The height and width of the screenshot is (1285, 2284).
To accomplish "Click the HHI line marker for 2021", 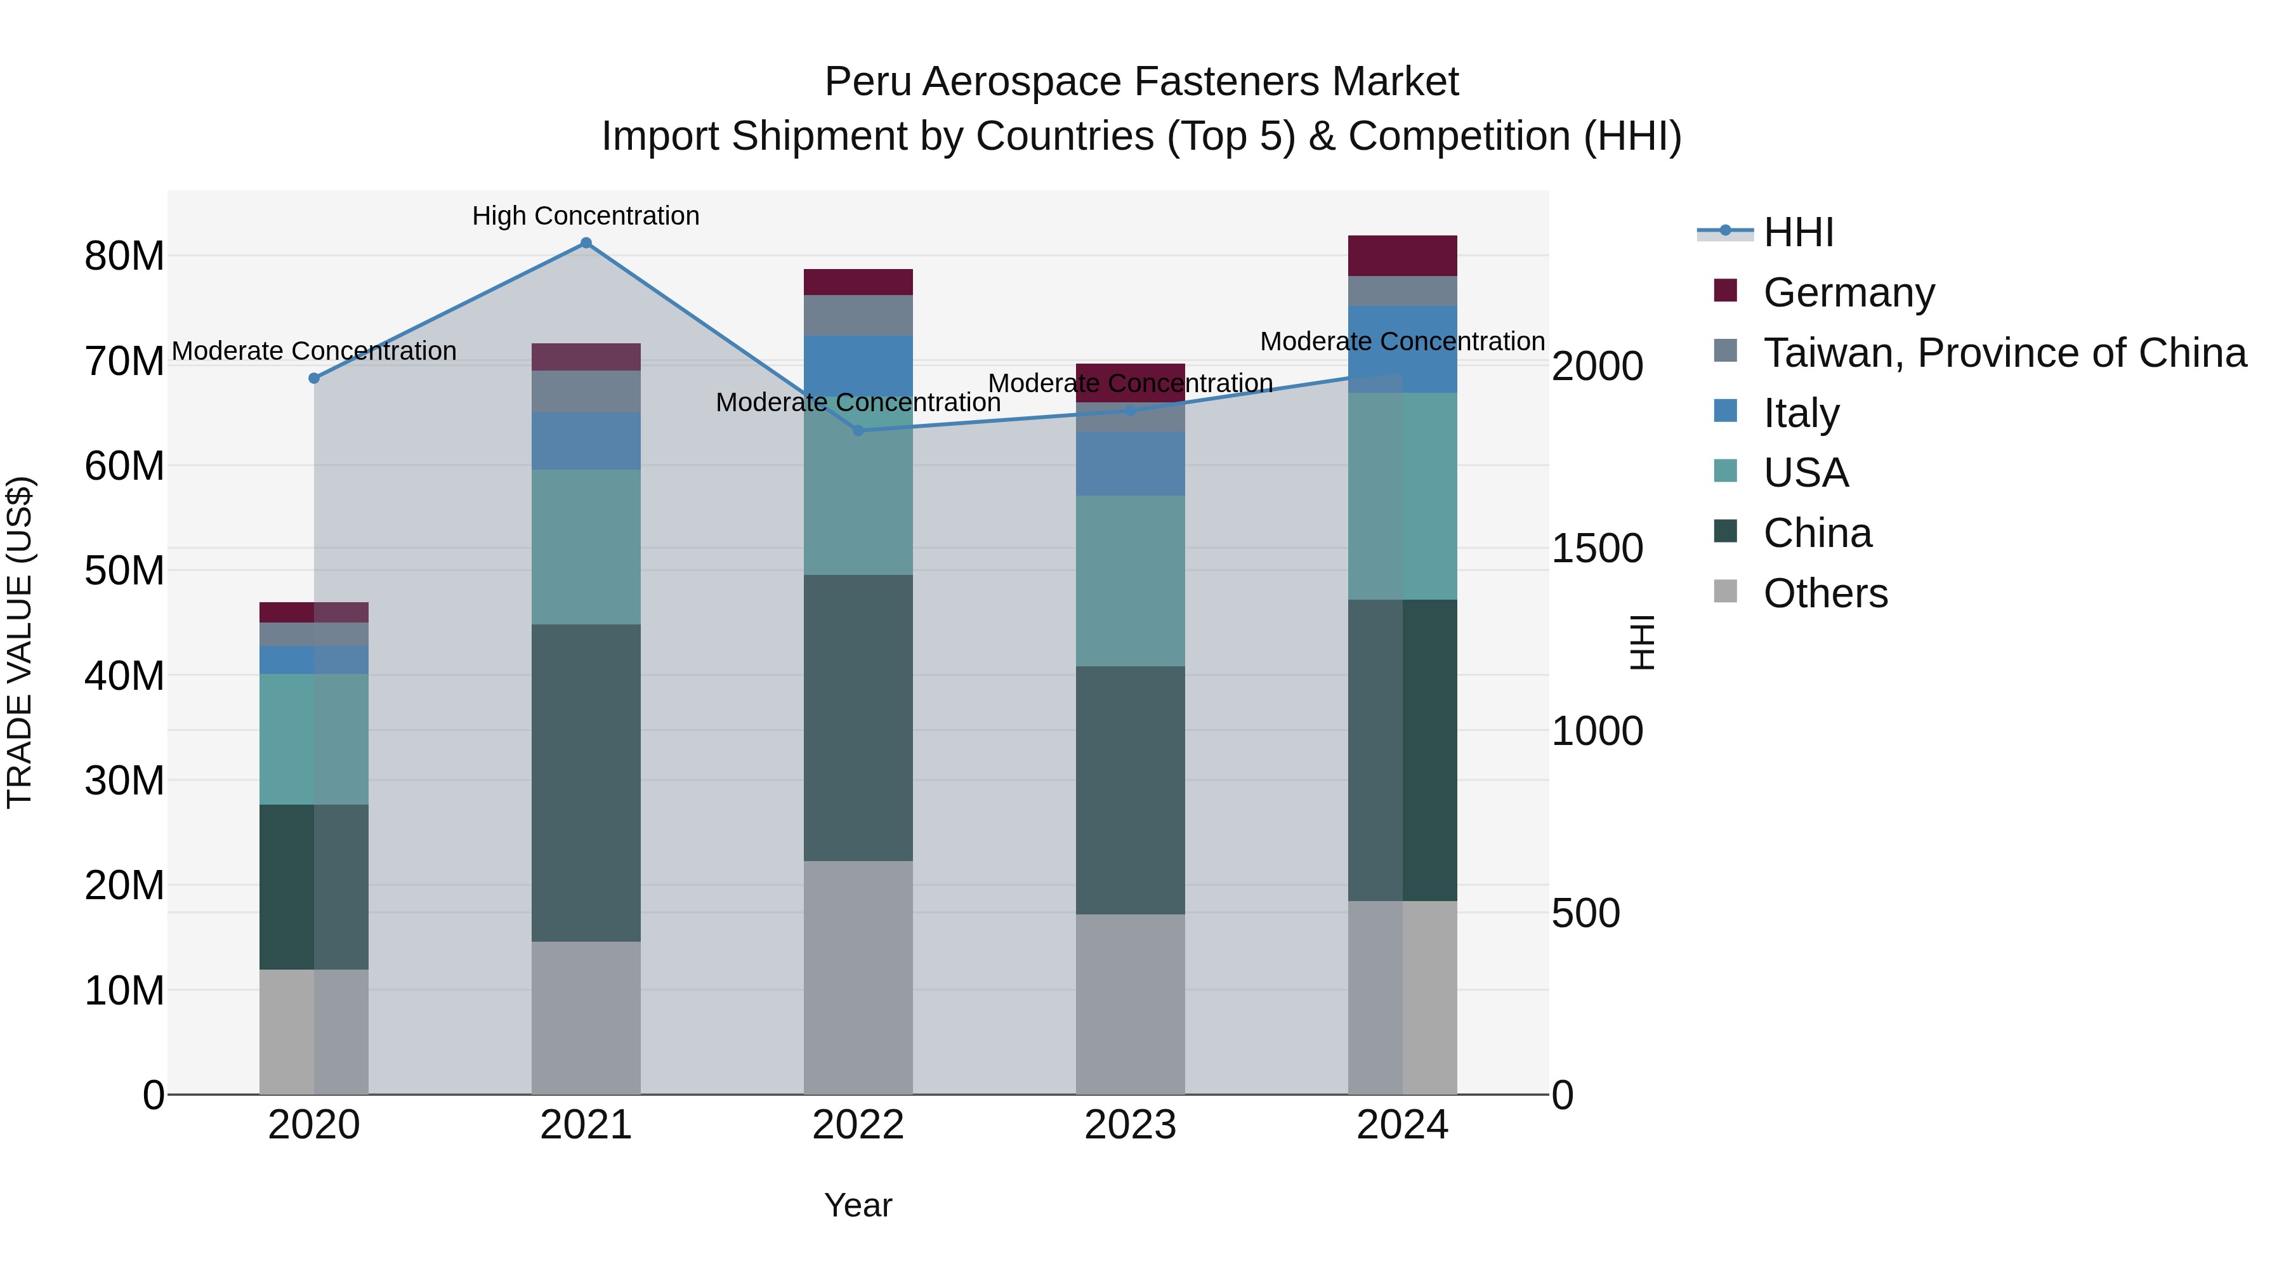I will [585, 243].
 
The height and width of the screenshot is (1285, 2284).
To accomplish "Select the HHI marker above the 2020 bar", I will [314, 379].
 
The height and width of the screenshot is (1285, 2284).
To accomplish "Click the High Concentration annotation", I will [585, 216].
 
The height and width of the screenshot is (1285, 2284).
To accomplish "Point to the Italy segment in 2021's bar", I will [585, 441].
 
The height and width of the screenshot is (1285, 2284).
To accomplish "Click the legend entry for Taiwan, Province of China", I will [2004, 353].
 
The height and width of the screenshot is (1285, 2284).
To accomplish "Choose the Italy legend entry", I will [1801, 413].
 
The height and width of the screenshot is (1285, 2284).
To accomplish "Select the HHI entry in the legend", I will [1798, 232].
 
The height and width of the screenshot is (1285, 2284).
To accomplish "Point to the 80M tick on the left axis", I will [124, 256].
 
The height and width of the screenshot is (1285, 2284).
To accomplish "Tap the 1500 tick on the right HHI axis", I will [1597, 549].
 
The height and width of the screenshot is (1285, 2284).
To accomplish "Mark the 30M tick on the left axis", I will [124, 781].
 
